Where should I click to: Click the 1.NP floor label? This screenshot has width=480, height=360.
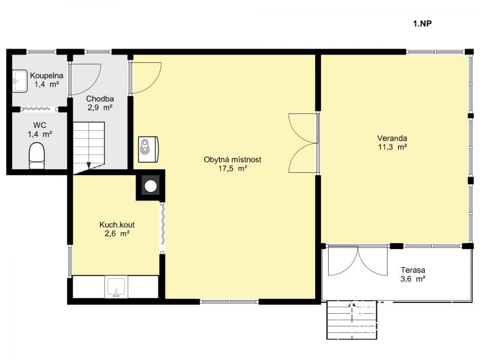(x=422, y=23)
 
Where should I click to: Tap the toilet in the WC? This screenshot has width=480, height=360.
(x=37, y=156)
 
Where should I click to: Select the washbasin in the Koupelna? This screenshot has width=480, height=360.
(x=20, y=80)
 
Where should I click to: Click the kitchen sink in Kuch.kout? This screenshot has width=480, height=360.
(x=116, y=287)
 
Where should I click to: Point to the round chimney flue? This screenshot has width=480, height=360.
(x=151, y=186)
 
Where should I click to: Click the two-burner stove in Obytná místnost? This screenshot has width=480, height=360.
(x=148, y=149)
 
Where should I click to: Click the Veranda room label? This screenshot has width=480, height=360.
(x=392, y=138)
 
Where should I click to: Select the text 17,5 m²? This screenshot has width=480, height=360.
(x=233, y=169)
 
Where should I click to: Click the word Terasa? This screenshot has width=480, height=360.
(x=413, y=271)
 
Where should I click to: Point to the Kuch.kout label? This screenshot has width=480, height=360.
(x=117, y=224)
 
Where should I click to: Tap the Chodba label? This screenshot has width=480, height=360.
(x=100, y=99)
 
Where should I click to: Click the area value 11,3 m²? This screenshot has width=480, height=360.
(x=392, y=147)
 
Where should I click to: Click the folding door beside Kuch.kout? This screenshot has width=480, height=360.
(x=163, y=226)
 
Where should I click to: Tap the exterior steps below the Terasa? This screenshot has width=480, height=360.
(x=352, y=320)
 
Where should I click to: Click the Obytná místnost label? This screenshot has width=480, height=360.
(x=233, y=160)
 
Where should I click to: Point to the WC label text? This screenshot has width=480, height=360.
(x=40, y=125)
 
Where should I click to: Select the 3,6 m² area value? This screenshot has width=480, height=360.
(x=413, y=279)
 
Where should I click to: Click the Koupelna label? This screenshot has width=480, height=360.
(x=47, y=76)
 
